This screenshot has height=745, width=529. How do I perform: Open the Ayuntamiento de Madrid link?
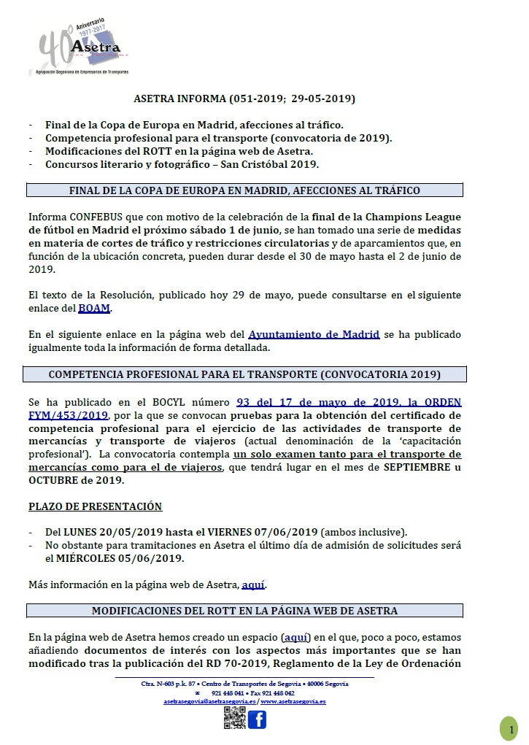[x=314, y=335]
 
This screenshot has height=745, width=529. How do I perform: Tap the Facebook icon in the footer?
[x=257, y=719]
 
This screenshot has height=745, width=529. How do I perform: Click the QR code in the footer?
[x=233, y=719]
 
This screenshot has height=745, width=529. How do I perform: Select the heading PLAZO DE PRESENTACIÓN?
[x=95, y=506]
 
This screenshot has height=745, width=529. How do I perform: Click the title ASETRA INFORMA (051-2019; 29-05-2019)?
[x=245, y=99]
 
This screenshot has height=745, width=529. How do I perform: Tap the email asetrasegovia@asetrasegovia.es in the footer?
[x=209, y=701]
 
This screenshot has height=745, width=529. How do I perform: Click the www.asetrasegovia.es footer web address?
[x=293, y=701]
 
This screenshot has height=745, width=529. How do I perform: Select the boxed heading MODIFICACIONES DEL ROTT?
[x=245, y=611]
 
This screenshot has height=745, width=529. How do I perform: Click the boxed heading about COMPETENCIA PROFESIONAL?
[x=245, y=375]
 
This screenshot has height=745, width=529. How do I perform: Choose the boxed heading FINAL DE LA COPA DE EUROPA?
[x=245, y=190]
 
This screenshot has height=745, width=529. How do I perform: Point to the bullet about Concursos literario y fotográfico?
[x=182, y=164]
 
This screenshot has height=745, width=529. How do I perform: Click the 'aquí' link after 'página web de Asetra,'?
[x=253, y=585]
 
